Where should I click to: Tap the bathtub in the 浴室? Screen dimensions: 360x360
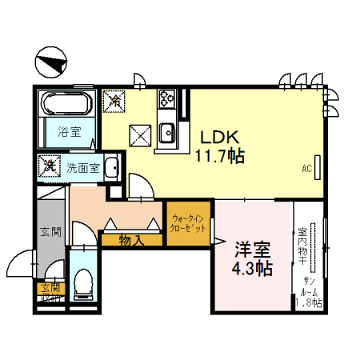[69, 105]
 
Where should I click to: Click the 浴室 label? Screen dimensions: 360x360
[69, 132]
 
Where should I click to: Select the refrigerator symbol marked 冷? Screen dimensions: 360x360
[115, 101]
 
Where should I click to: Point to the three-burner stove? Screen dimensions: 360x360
[168, 101]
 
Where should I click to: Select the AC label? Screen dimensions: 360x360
[306, 169]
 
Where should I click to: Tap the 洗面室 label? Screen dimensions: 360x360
[82, 168]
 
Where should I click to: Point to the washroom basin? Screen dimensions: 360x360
[113, 168]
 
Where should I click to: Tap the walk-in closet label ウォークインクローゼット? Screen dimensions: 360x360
[189, 223]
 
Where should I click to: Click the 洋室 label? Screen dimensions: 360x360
[252, 249]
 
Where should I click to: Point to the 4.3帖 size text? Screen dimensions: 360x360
[252, 269]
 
